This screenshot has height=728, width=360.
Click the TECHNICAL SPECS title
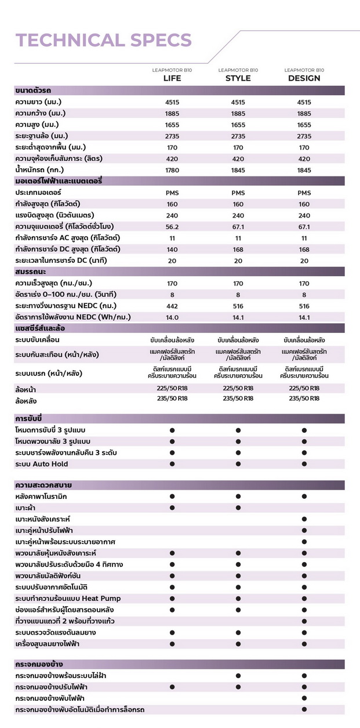click(104, 39)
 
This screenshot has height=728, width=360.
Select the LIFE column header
click(172, 78)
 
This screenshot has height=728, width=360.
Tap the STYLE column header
click(238, 78)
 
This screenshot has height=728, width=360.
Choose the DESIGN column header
click(304, 78)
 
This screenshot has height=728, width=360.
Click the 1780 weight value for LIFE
click(172, 170)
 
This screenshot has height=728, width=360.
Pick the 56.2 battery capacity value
click(172, 226)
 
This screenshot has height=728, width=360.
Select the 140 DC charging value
click(172, 249)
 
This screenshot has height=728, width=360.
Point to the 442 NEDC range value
click(172, 306)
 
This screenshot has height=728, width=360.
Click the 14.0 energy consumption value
click(172, 317)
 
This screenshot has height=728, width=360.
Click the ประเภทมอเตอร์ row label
click(38, 192)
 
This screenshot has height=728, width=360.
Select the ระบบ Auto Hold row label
click(42, 464)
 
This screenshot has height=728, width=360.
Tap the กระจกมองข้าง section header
click(39, 664)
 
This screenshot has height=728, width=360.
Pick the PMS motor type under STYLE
click(238, 193)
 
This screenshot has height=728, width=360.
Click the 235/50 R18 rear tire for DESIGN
click(304, 399)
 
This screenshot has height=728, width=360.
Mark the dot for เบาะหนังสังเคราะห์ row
click(304, 519)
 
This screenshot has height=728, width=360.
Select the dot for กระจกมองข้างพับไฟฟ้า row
click(304, 698)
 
